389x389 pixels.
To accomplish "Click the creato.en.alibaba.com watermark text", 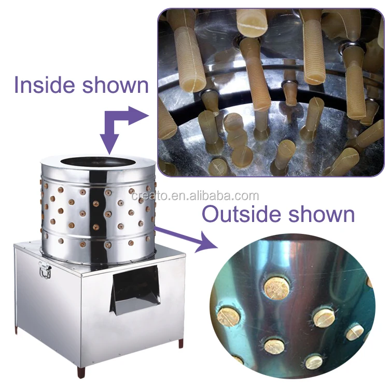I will pos(195,196).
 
